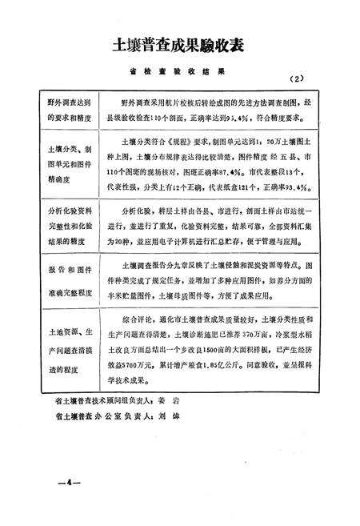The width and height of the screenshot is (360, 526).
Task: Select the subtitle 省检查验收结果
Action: (180, 71)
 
